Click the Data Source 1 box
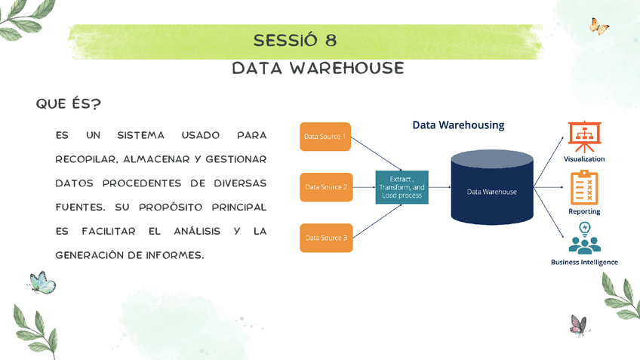pyautogui.click(x=325, y=137)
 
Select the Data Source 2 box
pyautogui.click(x=325, y=186)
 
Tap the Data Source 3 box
pyautogui.click(x=325, y=237)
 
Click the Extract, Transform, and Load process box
pyautogui.click(x=402, y=186)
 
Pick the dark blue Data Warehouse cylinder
pyautogui.click(x=491, y=189)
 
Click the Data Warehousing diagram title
pyautogui.click(x=458, y=125)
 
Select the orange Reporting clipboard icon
pyautogui.click(x=584, y=187)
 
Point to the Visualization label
pyautogui.click(x=584, y=159)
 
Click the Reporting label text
pyautogui.click(x=584, y=211)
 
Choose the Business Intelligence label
pyautogui.click(x=584, y=262)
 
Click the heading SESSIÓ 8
pyautogui.click(x=295, y=40)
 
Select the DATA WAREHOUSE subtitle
pyautogui.click(x=318, y=69)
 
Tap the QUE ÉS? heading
pyautogui.click(x=69, y=103)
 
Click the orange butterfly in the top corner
pyautogui.click(x=599, y=27)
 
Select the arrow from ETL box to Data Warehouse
pyautogui.click(x=439, y=186)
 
